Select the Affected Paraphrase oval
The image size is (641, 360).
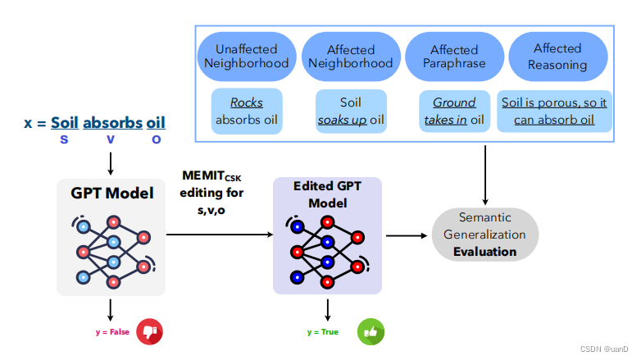[x=453, y=56]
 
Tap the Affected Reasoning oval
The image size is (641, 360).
[x=557, y=56]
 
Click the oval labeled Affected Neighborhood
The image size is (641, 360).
[x=350, y=56]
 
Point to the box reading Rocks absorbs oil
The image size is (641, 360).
[x=248, y=112]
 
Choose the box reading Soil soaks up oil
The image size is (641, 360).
[x=350, y=112]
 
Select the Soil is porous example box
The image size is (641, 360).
[x=554, y=112]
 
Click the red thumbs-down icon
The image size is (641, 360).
[x=149, y=331]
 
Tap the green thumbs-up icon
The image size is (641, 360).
[x=370, y=331]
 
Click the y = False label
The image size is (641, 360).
[x=112, y=331]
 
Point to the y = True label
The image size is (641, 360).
[x=323, y=331]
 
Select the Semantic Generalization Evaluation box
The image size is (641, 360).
[x=485, y=235]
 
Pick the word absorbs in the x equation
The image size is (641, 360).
[x=111, y=123]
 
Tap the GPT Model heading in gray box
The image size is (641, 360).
[x=111, y=194]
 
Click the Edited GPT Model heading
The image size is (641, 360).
[x=328, y=194]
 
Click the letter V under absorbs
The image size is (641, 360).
[x=111, y=139]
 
